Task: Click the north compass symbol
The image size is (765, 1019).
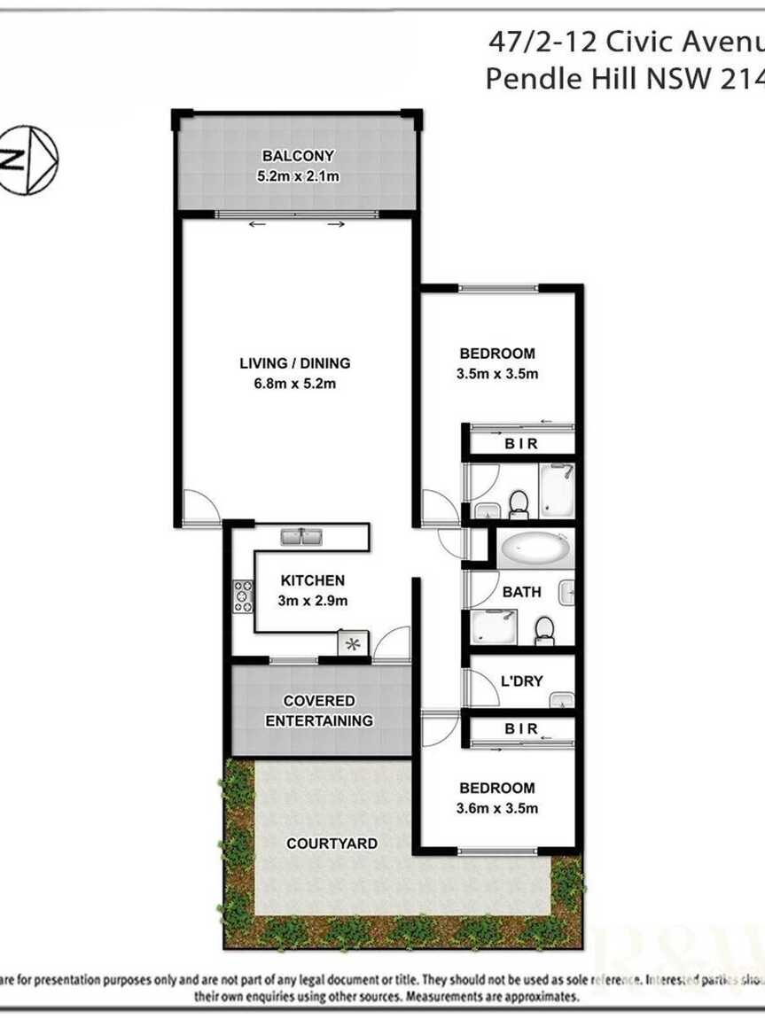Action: (27, 160)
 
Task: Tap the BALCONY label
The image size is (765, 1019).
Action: (298, 157)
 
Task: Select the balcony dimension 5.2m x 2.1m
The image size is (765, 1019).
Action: (298, 176)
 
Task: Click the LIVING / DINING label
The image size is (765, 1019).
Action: (295, 363)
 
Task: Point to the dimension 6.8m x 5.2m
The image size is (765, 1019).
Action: (295, 384)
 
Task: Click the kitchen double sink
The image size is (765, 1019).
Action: (302, 536)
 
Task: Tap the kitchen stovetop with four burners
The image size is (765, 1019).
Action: (243, 596)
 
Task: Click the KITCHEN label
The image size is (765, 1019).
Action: (313, 581)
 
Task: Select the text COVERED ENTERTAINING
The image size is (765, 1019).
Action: (319, 711)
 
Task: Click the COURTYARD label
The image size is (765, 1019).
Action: (332, 844)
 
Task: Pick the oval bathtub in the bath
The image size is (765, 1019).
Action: (535, 550)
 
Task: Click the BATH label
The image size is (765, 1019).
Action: (521, 592)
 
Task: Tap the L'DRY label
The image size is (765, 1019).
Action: (522, 681)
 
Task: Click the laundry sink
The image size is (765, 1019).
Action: (562, 702)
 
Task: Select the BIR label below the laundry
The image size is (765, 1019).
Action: (521, 729)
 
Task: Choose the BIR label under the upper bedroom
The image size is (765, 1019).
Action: (521, 444)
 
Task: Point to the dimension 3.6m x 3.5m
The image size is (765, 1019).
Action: (497, 808)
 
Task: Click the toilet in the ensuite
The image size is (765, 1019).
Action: (519, 505)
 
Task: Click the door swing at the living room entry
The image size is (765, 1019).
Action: (201, 509)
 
